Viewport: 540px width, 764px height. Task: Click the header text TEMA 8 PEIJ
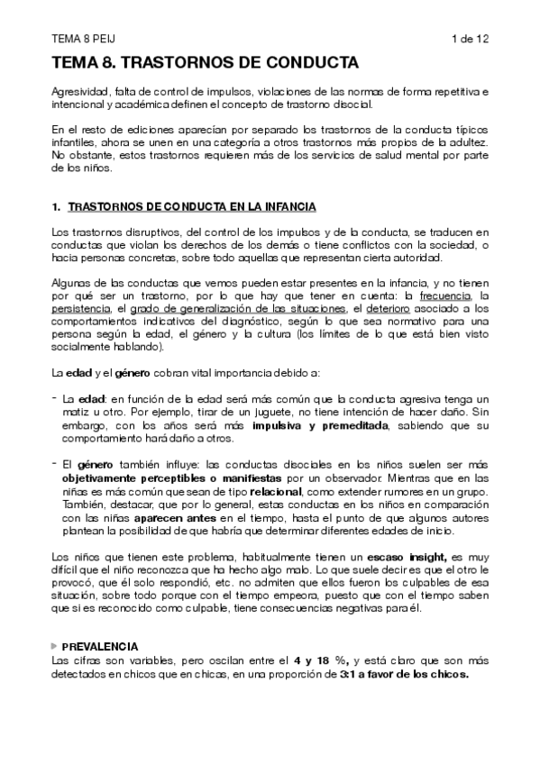coord(78,38)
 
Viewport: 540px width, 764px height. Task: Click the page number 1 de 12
coord(470,38)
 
